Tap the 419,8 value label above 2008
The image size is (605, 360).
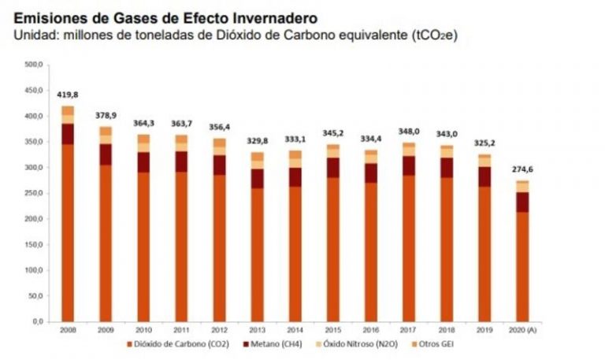click(68, 95)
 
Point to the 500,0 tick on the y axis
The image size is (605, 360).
click(33, 65)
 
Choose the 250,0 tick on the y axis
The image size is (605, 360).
click(33, 193)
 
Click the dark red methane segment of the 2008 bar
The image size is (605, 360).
click(68, 134)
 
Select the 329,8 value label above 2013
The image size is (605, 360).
click(258, 141)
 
